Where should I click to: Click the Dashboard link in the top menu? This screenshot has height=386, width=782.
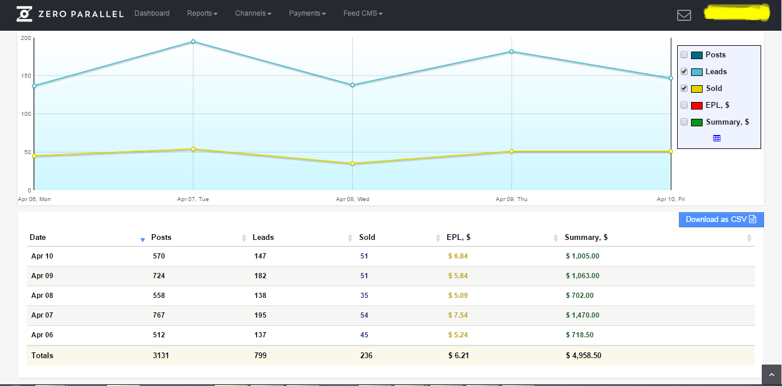[x=152, y=13]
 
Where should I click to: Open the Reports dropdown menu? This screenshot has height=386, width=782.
[x=202, y=13]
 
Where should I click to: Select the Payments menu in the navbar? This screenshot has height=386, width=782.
[x=307, y=13]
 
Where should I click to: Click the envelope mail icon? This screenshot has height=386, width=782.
[x=684, y=15]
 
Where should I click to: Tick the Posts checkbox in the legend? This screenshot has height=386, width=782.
[x=684, y=55]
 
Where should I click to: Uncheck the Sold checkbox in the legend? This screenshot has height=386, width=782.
[x=684, y=89]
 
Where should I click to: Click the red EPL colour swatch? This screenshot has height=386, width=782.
[x=697, y=105]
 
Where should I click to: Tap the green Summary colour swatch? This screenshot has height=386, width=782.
[x=697, y=122]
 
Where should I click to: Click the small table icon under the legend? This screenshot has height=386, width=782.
[x=717, y=139]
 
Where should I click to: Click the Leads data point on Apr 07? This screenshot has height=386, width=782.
[x=193, y=42]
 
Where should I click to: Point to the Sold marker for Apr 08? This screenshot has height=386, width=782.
[x=352, y=163]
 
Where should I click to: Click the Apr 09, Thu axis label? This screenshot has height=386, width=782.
[x=511, y=199]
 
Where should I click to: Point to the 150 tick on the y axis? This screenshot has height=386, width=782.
[x=25, y=76]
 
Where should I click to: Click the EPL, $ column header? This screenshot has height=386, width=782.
[x=458, y=238]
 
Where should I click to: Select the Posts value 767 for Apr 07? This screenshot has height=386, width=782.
[x=159, y=315]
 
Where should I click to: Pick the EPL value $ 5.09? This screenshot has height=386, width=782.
[x=458, y=296]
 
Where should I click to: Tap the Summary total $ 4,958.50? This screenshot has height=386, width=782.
[x=583, y=356]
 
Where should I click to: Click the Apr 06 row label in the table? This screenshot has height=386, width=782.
[x=42, y=335]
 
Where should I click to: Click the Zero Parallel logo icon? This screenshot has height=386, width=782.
[x=24, y=14]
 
